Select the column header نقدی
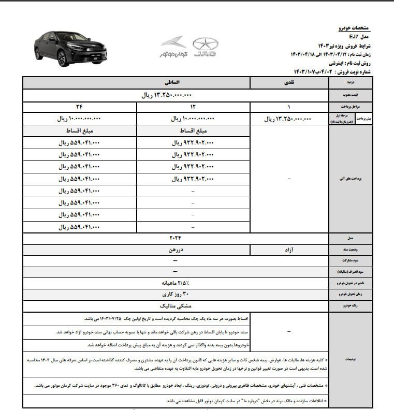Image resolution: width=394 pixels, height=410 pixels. (289, 83)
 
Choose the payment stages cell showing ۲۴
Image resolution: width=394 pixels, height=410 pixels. (79, 107)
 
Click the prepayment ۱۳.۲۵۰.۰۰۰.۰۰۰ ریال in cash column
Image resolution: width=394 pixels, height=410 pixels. (289, 119)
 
